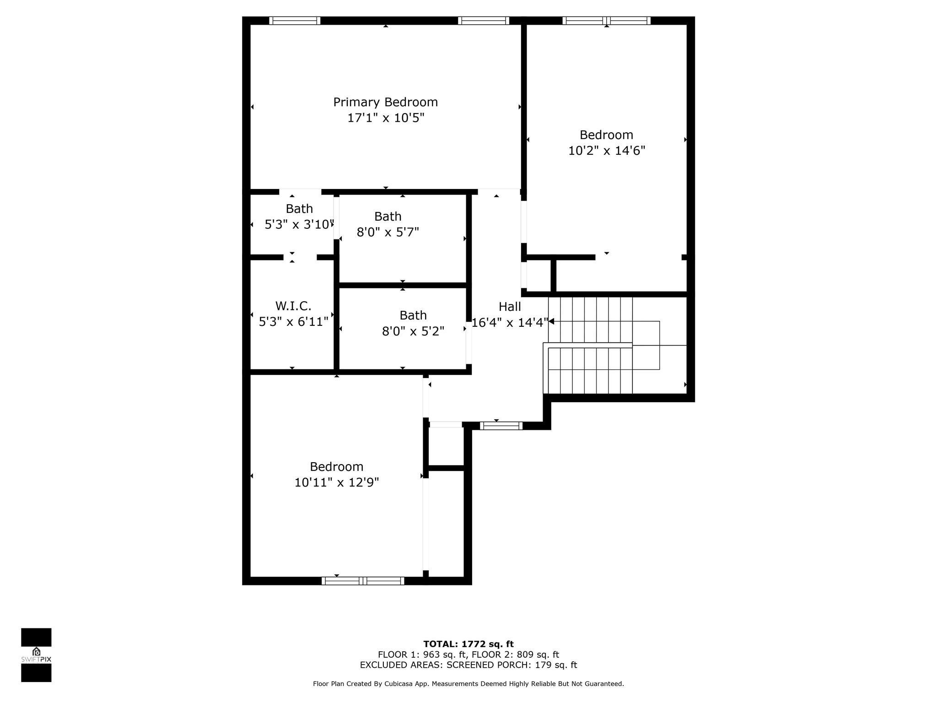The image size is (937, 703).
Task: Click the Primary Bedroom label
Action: click(x=385, y=103)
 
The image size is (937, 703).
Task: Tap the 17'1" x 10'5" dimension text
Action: click(x=386, y=118)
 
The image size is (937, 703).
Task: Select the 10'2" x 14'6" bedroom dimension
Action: click(x=607, y=151)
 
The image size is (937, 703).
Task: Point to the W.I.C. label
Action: click(x=293, y=306)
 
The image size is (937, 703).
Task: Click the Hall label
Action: click(x=510, y=307)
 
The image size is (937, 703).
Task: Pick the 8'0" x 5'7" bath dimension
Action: click(x=388, y=233)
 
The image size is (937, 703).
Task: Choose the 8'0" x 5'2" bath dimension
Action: click(x=413, y=331)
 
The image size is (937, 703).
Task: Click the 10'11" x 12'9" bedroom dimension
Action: click(x=337, y=482)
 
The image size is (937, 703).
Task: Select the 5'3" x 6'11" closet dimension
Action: click(x=294, y=322)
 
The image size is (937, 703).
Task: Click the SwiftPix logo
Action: click(x=36, y=655)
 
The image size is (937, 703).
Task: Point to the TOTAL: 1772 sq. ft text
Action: click(x=468, y=644)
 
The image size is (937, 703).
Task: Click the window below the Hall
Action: click(x=501, y=426)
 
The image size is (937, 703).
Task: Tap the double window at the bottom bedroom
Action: click(x=363, y=581)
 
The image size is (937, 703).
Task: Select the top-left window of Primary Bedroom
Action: click(x=295, y=21)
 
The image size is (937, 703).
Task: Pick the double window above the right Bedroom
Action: click(x=606, y=21)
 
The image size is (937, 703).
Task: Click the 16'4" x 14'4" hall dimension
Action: click(x=510, y=323)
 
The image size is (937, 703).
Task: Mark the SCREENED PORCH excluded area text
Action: click(x=468, y=665)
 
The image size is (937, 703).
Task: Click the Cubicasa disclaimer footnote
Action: click(x=468, y=684)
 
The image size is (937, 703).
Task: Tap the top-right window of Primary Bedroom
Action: click(x=484, y=21)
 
